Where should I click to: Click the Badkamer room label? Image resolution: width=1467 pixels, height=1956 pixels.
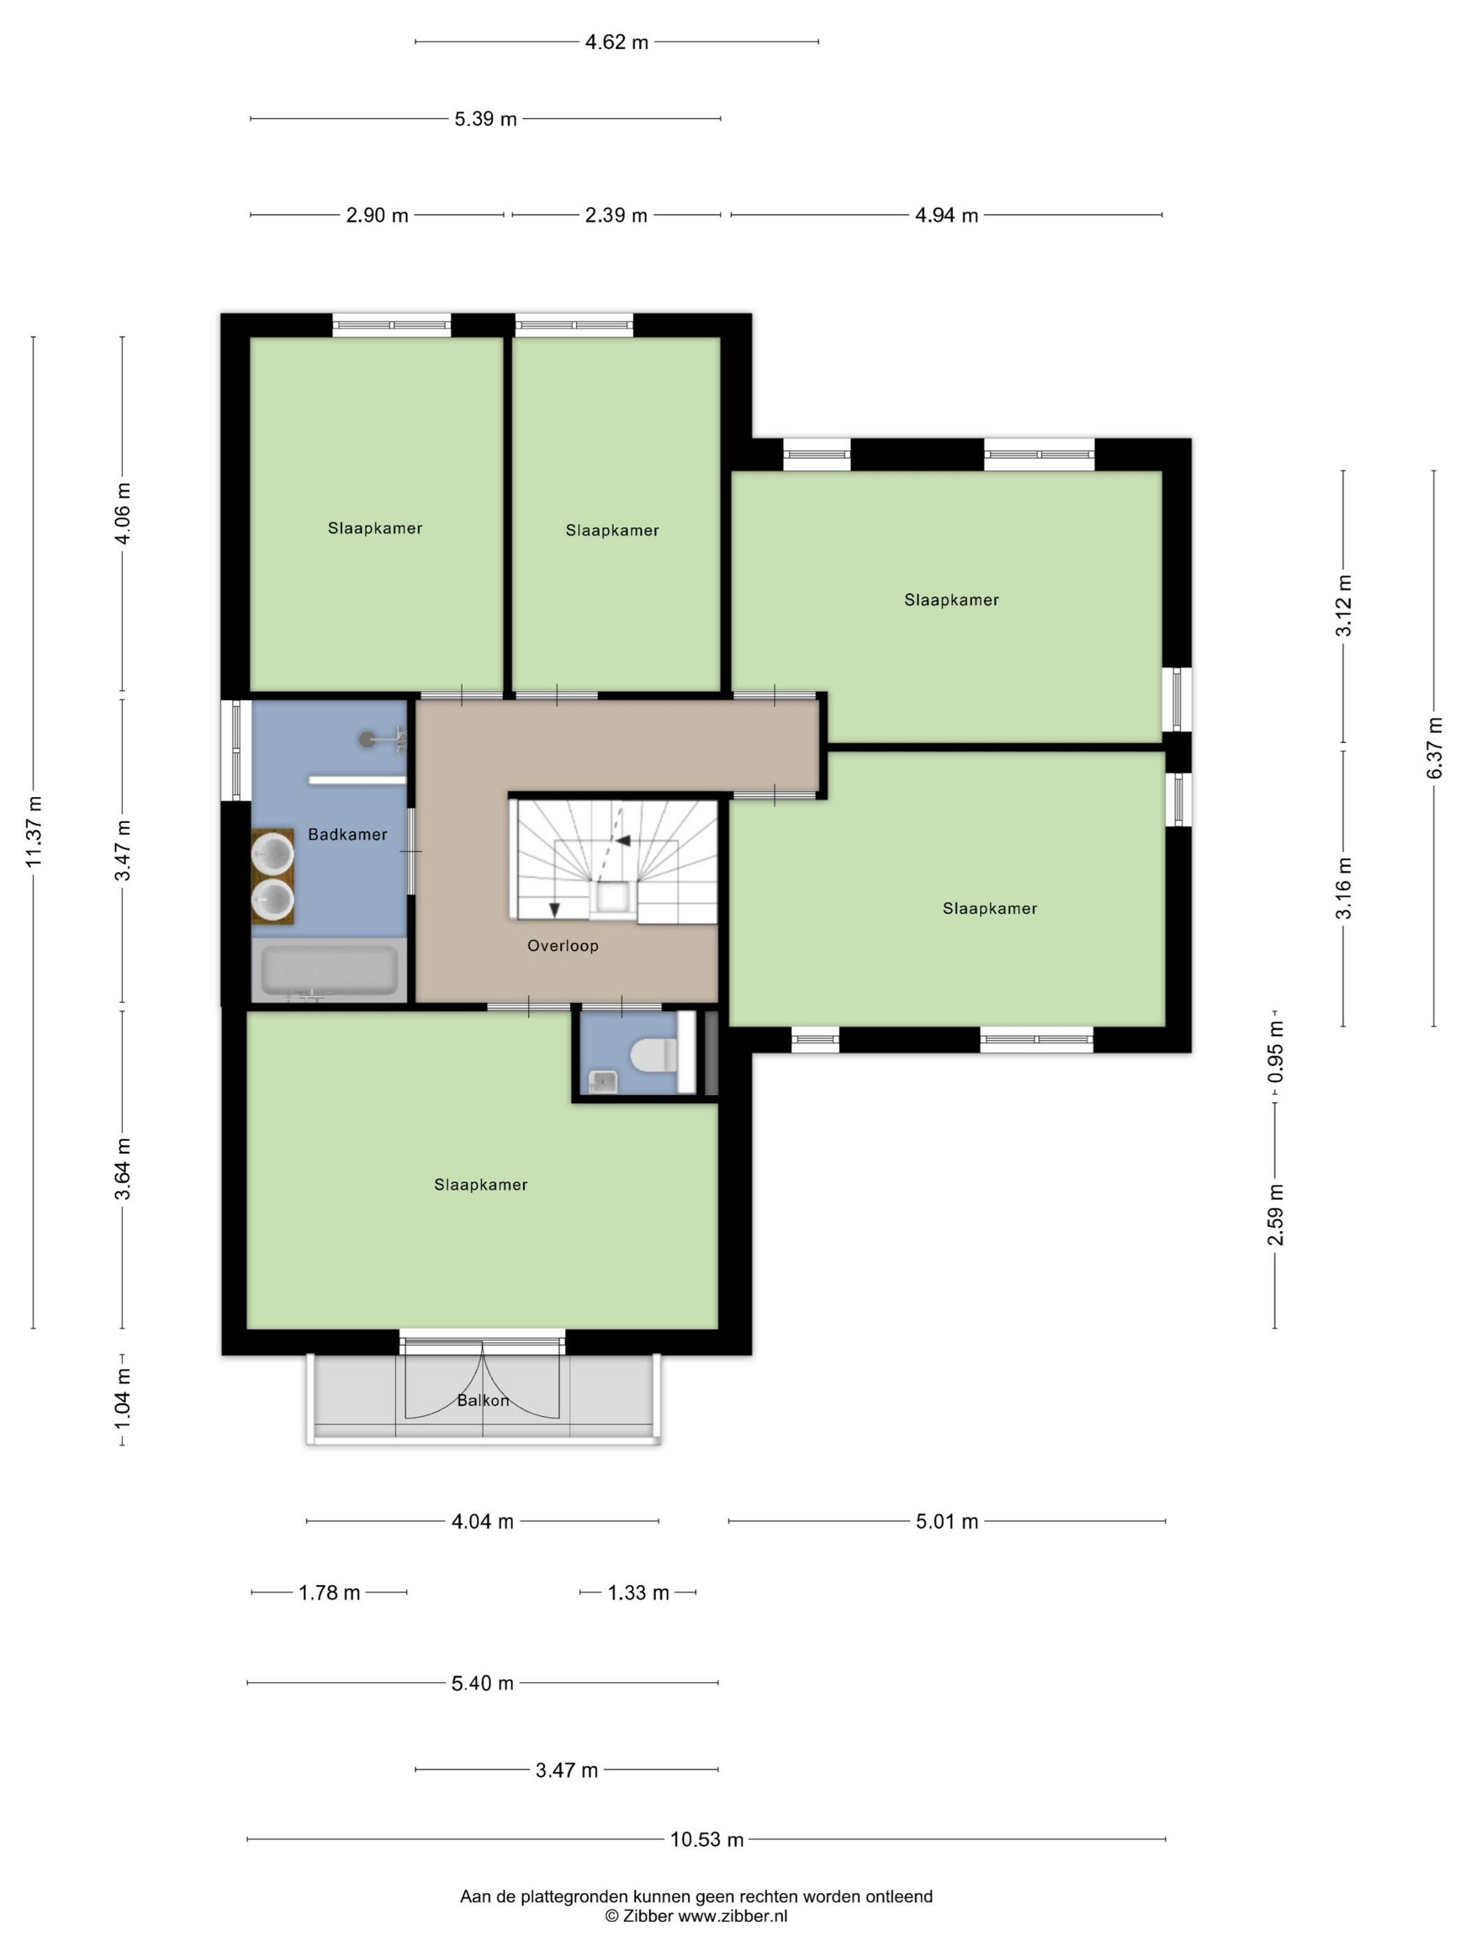pos(347,834)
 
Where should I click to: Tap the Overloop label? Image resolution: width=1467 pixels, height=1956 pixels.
pos(563,945)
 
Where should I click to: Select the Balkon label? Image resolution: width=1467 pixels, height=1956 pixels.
pos(483,1401)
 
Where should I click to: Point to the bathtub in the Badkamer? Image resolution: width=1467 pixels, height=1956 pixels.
pos(329,970)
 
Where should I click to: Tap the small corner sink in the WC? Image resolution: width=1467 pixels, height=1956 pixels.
pos(603,1081)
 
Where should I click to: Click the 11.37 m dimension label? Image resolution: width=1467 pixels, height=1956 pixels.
pos(34,831)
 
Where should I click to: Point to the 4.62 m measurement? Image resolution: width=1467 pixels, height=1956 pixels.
pos(616,41)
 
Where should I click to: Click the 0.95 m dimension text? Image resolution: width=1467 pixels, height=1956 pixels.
pos(1275,1051)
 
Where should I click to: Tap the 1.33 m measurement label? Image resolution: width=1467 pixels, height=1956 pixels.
pos(638,1593)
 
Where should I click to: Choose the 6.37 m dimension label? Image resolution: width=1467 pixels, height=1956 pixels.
pos(1434,748)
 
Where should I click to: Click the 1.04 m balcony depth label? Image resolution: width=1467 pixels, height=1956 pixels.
pos(123,1397)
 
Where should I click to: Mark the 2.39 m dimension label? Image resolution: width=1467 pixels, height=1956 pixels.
pos(616,215)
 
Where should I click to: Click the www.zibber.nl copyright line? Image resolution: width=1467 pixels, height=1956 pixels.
pos(696,1916)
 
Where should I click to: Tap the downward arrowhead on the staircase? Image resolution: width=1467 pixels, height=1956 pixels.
pos(555,909)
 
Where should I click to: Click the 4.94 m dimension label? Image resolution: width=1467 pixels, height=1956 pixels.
pos(946,215)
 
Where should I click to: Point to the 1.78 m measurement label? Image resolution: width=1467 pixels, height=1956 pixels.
pos(329,1593)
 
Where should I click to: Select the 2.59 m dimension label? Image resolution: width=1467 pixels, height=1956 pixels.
pos(1275,1214)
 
